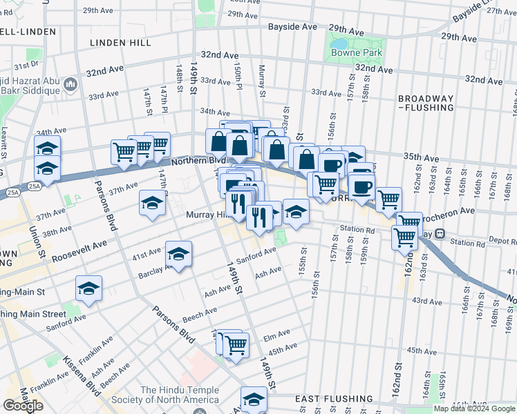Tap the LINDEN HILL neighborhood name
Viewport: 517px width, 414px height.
coord(120,43)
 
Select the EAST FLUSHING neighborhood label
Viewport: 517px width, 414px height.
coord(334,399)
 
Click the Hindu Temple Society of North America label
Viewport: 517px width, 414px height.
coord(179,395)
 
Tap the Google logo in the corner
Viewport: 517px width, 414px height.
coord(23,406)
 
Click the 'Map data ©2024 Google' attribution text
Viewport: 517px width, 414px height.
coord(475,408)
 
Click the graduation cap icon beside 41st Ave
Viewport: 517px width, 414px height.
coord(178,255)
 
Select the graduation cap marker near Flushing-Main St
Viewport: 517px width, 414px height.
coord(88,288)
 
